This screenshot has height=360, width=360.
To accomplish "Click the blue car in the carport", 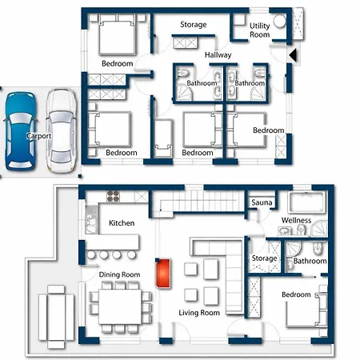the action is coord(20,130).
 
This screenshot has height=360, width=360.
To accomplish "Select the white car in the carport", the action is coord(62,130).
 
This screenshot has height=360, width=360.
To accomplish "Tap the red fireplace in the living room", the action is coord(163,273).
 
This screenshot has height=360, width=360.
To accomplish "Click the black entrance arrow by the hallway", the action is coord(293,55).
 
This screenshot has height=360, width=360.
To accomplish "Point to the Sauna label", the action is coord(262,202).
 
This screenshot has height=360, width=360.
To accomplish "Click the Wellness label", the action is coord(296,220).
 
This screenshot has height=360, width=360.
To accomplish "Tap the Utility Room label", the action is coord(259,30).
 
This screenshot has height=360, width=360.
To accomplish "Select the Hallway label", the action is coord(218,55).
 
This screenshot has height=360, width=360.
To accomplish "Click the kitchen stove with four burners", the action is coord(113,196).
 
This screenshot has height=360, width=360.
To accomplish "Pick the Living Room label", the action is coord(199,313).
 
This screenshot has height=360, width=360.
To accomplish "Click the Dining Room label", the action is coord(119,274).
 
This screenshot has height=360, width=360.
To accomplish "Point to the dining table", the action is coord(120,306).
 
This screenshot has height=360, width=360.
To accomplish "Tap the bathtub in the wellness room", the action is coord(307,202).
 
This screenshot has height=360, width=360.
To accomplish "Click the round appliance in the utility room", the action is coord(279,21).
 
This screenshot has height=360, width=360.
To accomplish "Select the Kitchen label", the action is coord(122,223).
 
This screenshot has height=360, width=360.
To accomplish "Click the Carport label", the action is coord(39,136).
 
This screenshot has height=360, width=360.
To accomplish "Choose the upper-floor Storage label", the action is coord(194,25).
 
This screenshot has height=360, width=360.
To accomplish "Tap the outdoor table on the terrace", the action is coord(56,317).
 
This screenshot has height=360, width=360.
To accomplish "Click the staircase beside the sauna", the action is coord(198,202).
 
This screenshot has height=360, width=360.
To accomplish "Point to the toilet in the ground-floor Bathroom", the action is coord(318,250).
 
